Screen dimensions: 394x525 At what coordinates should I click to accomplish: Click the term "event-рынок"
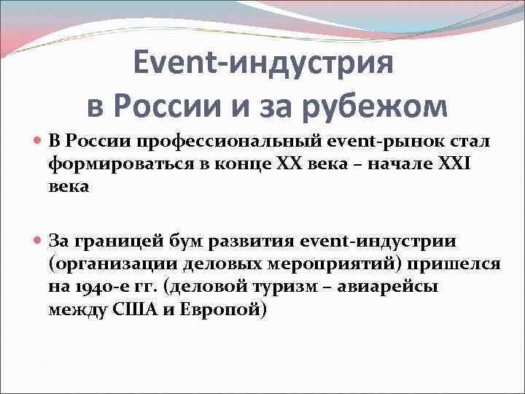coord(372,141)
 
